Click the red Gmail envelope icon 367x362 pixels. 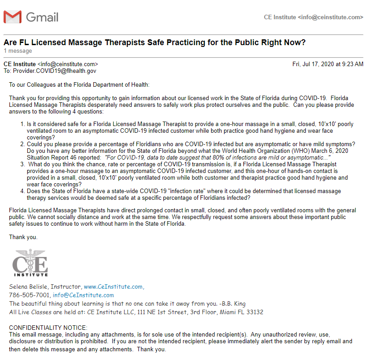click(12, 17)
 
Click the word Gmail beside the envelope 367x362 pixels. click(42, 17)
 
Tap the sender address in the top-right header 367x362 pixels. click(313, 17)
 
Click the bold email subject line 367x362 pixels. click(154, 42)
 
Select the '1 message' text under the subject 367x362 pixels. click(18, 51)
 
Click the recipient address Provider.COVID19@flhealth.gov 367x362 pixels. click(54, 71)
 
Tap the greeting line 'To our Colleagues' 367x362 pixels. click(79, 84)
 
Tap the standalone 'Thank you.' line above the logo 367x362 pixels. click(23, 237)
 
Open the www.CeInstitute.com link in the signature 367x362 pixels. click(113, 286)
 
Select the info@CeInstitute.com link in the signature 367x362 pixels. click(83, 295)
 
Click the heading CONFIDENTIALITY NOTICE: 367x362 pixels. click(48, 328)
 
